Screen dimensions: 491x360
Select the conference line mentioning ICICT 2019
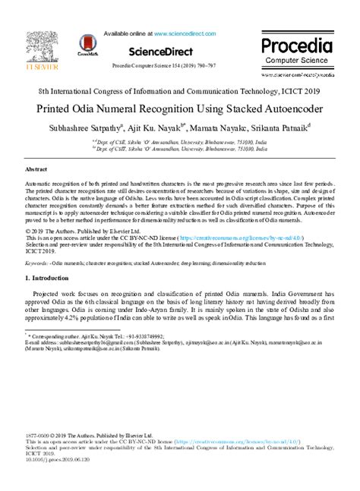click(x=180, y=90)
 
